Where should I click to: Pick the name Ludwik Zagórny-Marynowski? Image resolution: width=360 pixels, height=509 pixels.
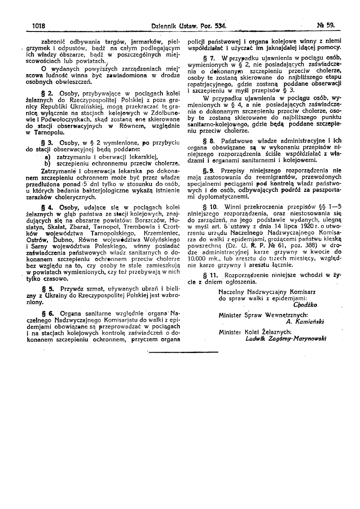click(x=285, y=339)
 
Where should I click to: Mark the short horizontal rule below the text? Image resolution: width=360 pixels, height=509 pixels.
click(x=183, y=352)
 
